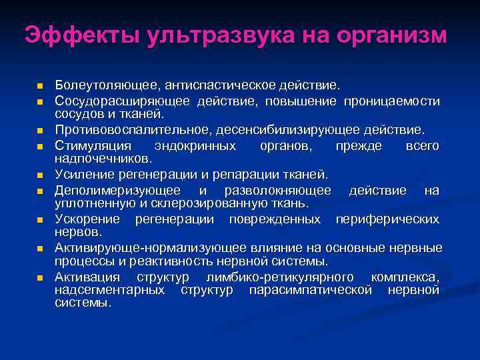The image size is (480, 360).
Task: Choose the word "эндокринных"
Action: pyautogui.click(x=194, y=145)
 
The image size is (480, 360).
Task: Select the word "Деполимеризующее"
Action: pyautogui.click(x=113, y=191)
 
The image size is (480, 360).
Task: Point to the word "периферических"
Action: pyautogui.click(x=387, y=219)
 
